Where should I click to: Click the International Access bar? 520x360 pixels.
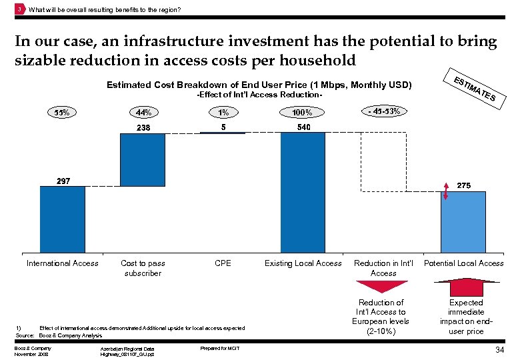pos(62,219)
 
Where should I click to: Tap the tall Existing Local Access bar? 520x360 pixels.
pos(303,193)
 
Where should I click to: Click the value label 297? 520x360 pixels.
pos(62,181)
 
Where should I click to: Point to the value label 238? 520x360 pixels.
pos(143,127)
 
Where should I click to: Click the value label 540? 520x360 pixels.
pos(303,127)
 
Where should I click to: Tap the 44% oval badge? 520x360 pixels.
pos(143,112)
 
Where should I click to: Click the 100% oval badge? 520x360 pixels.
pos(303,112)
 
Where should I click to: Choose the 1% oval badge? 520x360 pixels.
pos(223,112)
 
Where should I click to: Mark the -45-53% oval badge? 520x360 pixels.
pos(383,111)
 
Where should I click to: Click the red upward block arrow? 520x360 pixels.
pos(465,287)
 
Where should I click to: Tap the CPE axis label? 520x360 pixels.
pos(223,263)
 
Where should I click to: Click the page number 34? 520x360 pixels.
pos(499,351)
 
